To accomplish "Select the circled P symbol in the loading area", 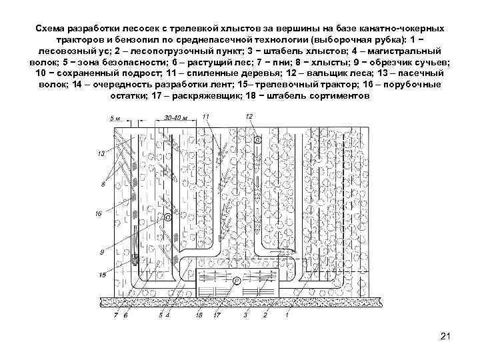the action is coord(236,281).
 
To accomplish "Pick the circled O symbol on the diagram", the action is coord(167,217).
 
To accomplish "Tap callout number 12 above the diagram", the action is coord(249,117).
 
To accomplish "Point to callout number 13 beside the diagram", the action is coord(101,154).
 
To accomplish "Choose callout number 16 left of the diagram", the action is coord(99,215).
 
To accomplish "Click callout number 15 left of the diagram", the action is coord(102,275).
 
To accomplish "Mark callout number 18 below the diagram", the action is coord(199,314).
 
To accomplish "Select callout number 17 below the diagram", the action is coord(216,314).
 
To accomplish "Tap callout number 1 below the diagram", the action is coord(287,314).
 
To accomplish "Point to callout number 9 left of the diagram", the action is coord(102,252).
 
